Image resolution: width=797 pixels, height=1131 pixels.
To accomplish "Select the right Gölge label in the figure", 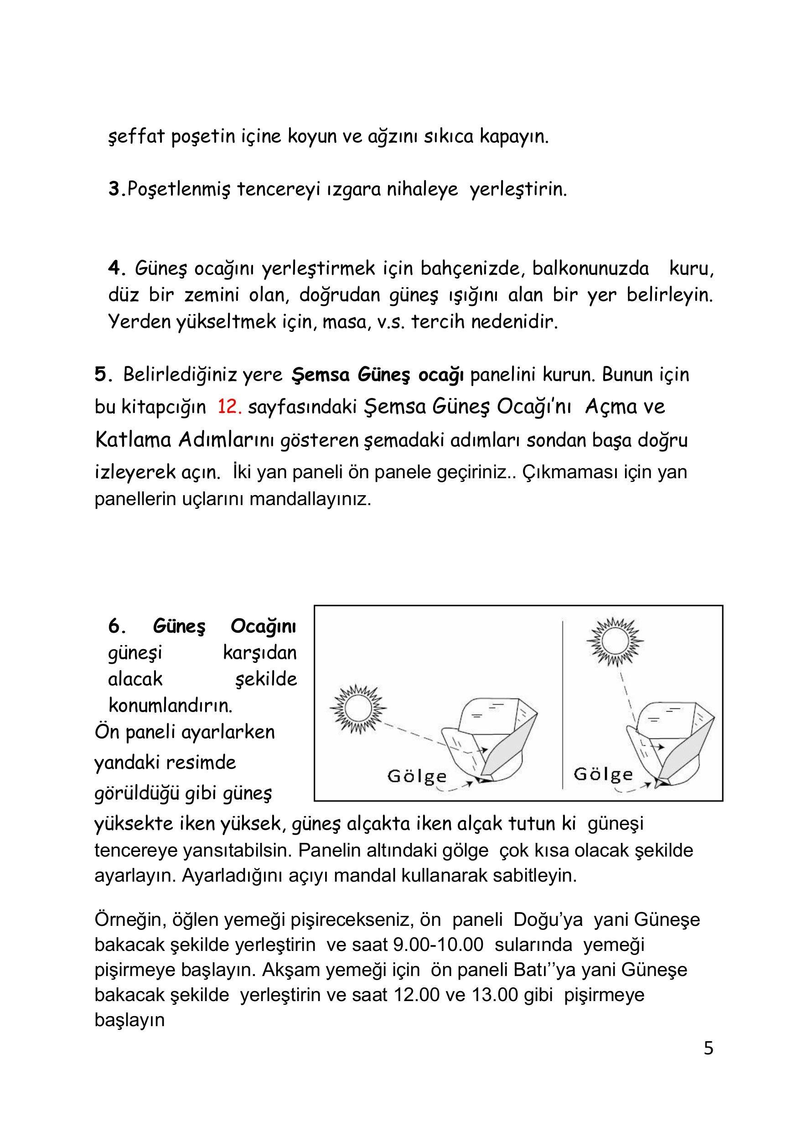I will [603, 775].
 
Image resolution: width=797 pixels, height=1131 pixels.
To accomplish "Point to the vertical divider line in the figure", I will [563, 704].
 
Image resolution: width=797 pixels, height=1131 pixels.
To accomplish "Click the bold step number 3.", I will [114, 189].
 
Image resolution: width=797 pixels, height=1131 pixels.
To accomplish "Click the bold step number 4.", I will [115, 269].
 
